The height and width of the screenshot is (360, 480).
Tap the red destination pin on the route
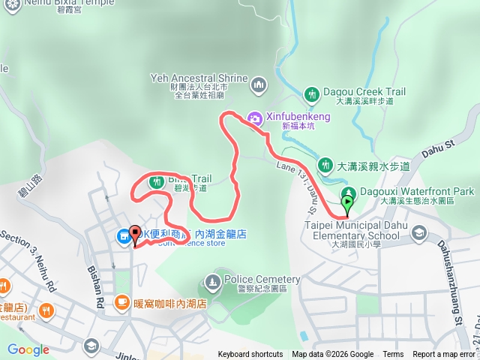tap(135, 233)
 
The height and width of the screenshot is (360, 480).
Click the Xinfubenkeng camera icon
tap(254, 118)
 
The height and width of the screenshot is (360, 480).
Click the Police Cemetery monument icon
tap(212, 282)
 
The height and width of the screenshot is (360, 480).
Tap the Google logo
tap(28, 349)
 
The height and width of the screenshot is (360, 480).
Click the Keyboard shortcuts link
tap(250, 355)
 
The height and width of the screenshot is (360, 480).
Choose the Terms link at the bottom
tap(393, 355)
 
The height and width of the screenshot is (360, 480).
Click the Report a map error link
tap(444, 355)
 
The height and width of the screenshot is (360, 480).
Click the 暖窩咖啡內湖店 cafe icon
tap(121, 302)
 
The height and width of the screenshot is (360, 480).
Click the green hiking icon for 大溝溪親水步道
tap(325, 165)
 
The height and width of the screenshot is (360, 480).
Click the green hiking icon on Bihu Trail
tap(157, 181)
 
